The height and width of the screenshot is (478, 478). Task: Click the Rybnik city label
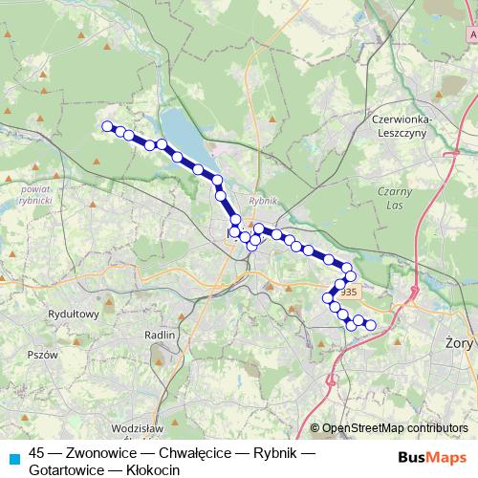click(x=261, y=201)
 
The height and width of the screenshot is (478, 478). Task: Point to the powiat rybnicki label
click(x=34, y=195)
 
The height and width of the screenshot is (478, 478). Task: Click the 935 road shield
click(x=349, y=293)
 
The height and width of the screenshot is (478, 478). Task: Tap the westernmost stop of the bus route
click(x=107, y=125)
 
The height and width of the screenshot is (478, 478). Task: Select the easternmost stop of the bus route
click(x=371, y=326)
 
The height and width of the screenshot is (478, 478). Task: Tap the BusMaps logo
click(x=431, y=457)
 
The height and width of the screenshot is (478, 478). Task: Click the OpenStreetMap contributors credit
click(x=395, y=427)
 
